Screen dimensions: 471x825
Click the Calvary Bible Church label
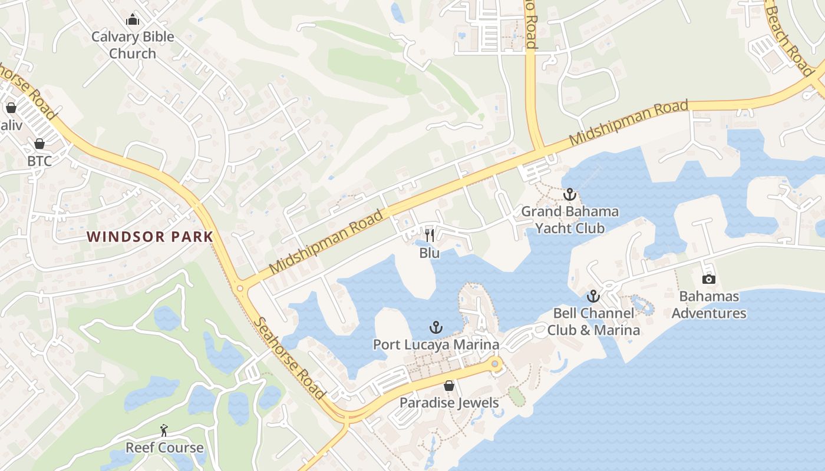pyautogui.click(x=133, y=45)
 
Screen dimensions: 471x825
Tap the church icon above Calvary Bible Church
pyautogui.click(x=133, y=20)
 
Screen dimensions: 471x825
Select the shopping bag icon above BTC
pyautogui.click(x=39, y=144)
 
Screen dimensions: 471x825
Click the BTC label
pyautogui.click(x=39, y=161)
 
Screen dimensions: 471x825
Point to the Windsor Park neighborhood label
pyautogui.click(x=150, y=237)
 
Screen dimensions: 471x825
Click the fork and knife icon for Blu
pyautogui.click(x=430, y=235)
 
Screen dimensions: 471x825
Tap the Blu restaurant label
pyautogui.click(x=430, y=253)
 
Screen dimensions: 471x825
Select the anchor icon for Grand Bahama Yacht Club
pyautogui.click(x=569, y=194)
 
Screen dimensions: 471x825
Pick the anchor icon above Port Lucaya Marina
pyautogui.click(x=436, y=327)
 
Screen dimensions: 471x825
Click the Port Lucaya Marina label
pyautogui.click(x=436, y=344)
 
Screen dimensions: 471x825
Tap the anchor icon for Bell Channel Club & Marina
pyautogui.click(x=593, y=296)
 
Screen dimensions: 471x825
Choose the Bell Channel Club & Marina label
pyautogui.click(x=593, y=321)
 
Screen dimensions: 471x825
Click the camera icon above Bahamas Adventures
pyautogui.click(x=709, y=279)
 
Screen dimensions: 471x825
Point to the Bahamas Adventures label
pyautogui.click(x=709, y=304)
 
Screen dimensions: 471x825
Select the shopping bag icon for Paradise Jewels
pyautogui.click(x=449, y=386)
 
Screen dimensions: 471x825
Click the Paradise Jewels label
pyautogui.click(x=449, y=403)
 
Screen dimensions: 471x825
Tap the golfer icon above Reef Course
pyautogui.click(x=164, y=431)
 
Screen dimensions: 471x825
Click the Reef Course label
pyautogui.click(x=164, y=447)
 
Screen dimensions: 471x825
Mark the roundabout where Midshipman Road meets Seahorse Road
pyautogui.click(x=240, y=288)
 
